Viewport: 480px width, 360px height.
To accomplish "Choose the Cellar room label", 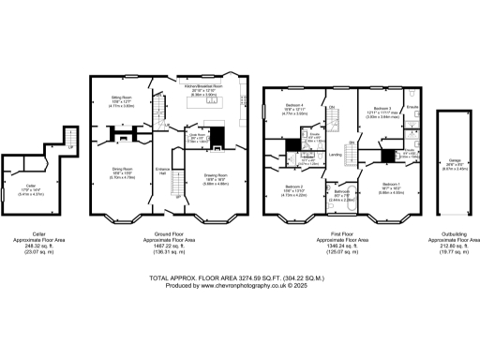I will [x=31, y=187].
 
